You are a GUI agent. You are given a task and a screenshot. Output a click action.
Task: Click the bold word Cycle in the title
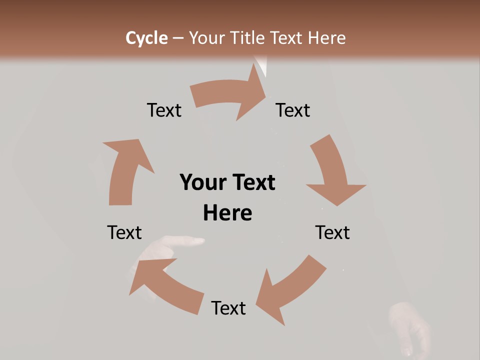[146, 38]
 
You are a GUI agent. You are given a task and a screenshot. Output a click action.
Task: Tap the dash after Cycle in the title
[178, 38]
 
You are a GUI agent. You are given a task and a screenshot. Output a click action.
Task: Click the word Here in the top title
[326, 38]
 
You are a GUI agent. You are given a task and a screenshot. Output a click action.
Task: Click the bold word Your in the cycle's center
[203, 182]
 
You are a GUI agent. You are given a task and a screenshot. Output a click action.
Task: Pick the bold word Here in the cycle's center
[227, 213]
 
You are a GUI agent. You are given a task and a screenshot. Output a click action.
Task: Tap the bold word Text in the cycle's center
[253, 182]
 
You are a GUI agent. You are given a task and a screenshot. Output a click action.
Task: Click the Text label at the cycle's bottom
[228, 308]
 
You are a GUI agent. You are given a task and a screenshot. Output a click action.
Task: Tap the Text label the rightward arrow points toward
[293, 110]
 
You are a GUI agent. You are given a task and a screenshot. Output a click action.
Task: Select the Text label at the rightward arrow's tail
[164, 110]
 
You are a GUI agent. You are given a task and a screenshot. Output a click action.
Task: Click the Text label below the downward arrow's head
[332, 232]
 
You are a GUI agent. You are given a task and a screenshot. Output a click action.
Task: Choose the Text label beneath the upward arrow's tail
[124, 232]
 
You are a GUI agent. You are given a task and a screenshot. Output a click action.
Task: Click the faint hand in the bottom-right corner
[410, 327]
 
